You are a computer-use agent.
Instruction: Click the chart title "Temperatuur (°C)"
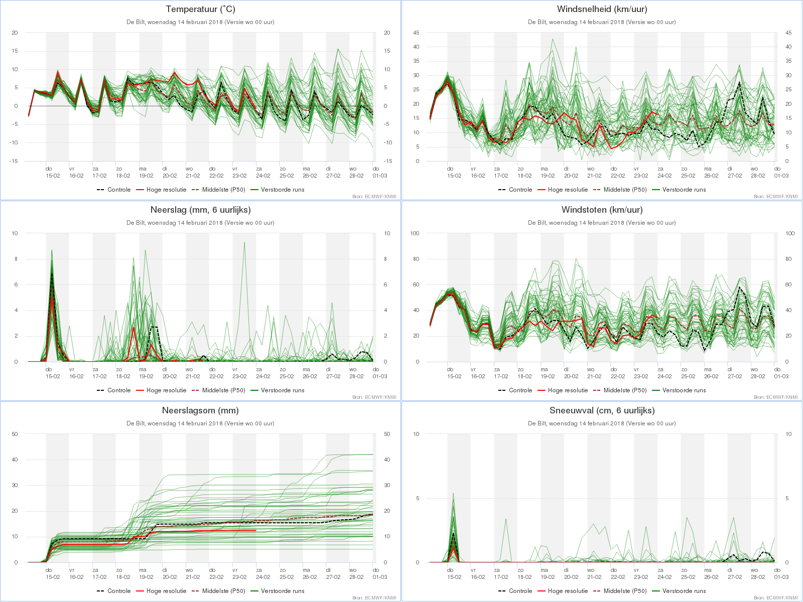pos(200,9)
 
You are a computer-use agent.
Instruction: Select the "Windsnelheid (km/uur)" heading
pos(602,9)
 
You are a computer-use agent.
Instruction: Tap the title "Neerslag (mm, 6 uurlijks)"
pos(200,210)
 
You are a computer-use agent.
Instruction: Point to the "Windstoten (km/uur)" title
pos(602,210)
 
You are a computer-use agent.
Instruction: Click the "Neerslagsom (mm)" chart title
pos(200,410)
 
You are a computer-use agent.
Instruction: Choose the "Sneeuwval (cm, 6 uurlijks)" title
pos(602,410)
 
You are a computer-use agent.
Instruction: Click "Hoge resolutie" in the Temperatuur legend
pos(166,190)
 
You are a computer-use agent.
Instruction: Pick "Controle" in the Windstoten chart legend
pos(520,390)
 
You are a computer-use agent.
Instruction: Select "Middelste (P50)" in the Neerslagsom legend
pos(223,591)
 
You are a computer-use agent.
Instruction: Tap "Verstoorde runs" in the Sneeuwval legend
pos(684,591)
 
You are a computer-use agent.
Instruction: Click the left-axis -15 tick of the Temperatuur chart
pos(15,161)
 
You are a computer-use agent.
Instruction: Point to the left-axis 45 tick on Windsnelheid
pos(416,33)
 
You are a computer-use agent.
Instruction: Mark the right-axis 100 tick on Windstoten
pos(789,233)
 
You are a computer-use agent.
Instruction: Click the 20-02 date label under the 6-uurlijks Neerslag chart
pos(170,376)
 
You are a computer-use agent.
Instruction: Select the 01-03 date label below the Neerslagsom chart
pos(380,577)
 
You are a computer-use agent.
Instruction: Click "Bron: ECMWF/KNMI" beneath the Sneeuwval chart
pos(775,597)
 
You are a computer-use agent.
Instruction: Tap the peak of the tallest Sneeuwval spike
pos(453,493)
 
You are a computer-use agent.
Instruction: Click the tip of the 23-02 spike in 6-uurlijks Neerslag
pos(244,242)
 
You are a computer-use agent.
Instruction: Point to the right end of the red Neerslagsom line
pos(256,530)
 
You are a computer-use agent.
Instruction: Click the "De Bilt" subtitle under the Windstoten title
pos(602,223)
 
